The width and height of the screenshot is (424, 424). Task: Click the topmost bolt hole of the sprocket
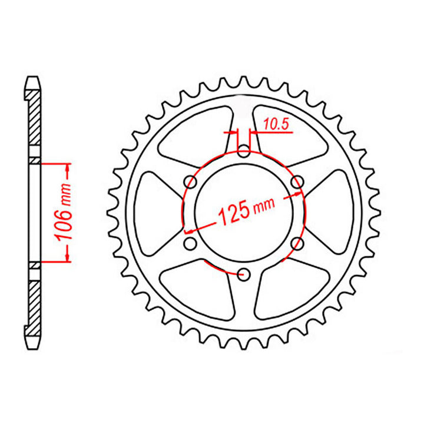pos(244,153)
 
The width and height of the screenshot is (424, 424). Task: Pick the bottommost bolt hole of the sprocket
pos(244,273)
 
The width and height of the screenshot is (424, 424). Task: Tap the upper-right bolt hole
pos(297,182)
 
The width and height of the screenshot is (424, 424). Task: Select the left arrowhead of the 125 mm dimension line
pos(190,230)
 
